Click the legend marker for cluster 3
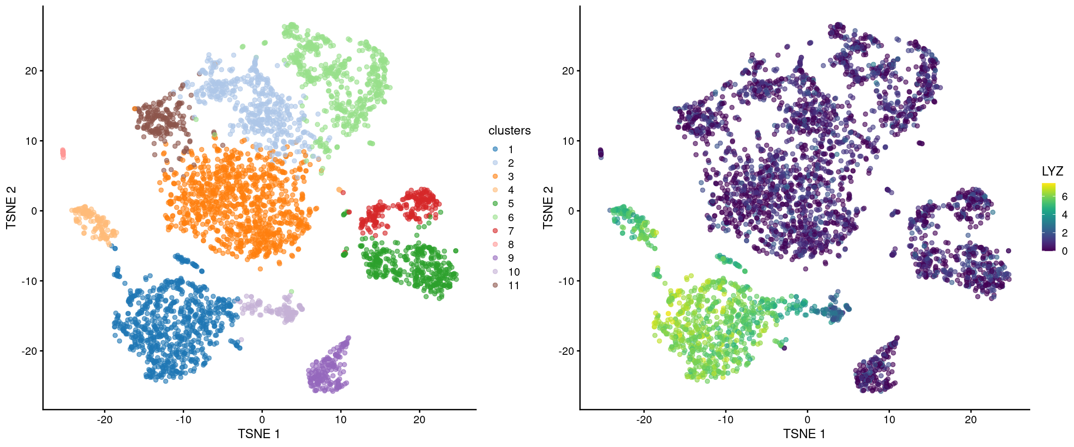pos(495,176)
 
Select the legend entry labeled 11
pos(513,285)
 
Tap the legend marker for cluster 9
pos(495,258)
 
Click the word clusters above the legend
pos(509,131)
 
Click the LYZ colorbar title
pos(1052,171)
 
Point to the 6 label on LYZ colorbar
pos(1064,196)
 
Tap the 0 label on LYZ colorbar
pos(1064,251)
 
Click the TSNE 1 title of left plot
pos(259,434)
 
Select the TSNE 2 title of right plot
pos(548,208)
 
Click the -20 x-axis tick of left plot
pos(104,420)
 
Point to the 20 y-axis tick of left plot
pos(31,71)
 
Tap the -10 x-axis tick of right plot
pos(725,420)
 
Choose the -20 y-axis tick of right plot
pos(567,351)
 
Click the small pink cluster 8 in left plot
pos(63,153)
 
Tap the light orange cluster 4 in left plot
pos(93,222)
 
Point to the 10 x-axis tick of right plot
pos(889,420)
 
